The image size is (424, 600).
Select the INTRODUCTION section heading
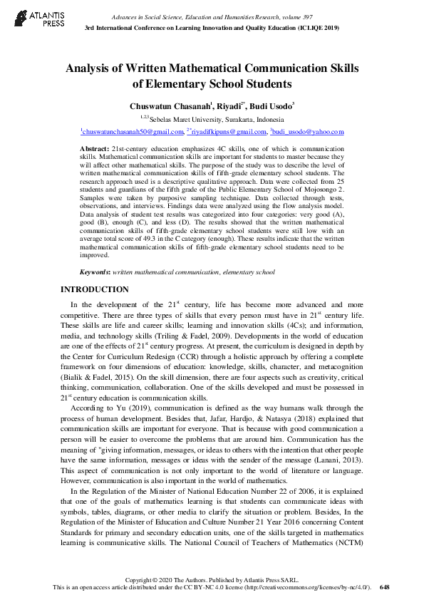point(94,289)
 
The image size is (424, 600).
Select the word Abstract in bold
point(95,146)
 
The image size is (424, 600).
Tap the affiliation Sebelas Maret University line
point(212,119)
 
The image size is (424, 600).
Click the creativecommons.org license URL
point(311,587)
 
